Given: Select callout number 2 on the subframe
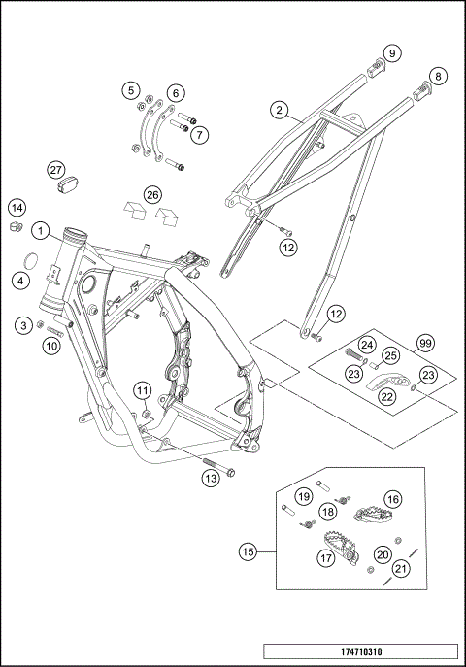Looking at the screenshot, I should [280, 112].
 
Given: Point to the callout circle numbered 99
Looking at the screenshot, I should [424, 342].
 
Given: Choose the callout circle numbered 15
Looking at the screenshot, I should [250, 551].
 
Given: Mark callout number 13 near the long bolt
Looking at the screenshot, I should [209, 477].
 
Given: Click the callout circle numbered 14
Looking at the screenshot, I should [17, 207].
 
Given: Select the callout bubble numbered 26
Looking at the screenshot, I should [152, 195].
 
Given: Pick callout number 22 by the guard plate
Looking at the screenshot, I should [386, 395].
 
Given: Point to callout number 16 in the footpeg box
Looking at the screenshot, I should [392, 499].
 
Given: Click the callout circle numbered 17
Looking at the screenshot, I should [324, 559].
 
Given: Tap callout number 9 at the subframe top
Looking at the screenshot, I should [390, 52].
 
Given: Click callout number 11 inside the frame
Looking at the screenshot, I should [142, 391].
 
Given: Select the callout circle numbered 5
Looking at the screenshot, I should [130, 90].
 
